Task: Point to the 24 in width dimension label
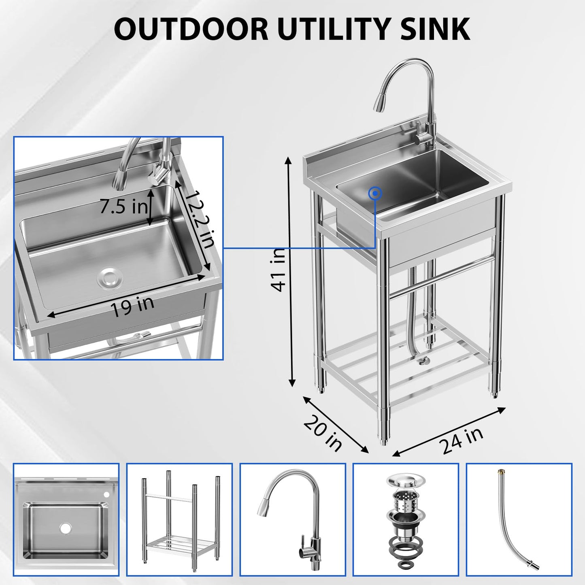pos(462,440)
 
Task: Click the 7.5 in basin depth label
pos(123,207)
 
